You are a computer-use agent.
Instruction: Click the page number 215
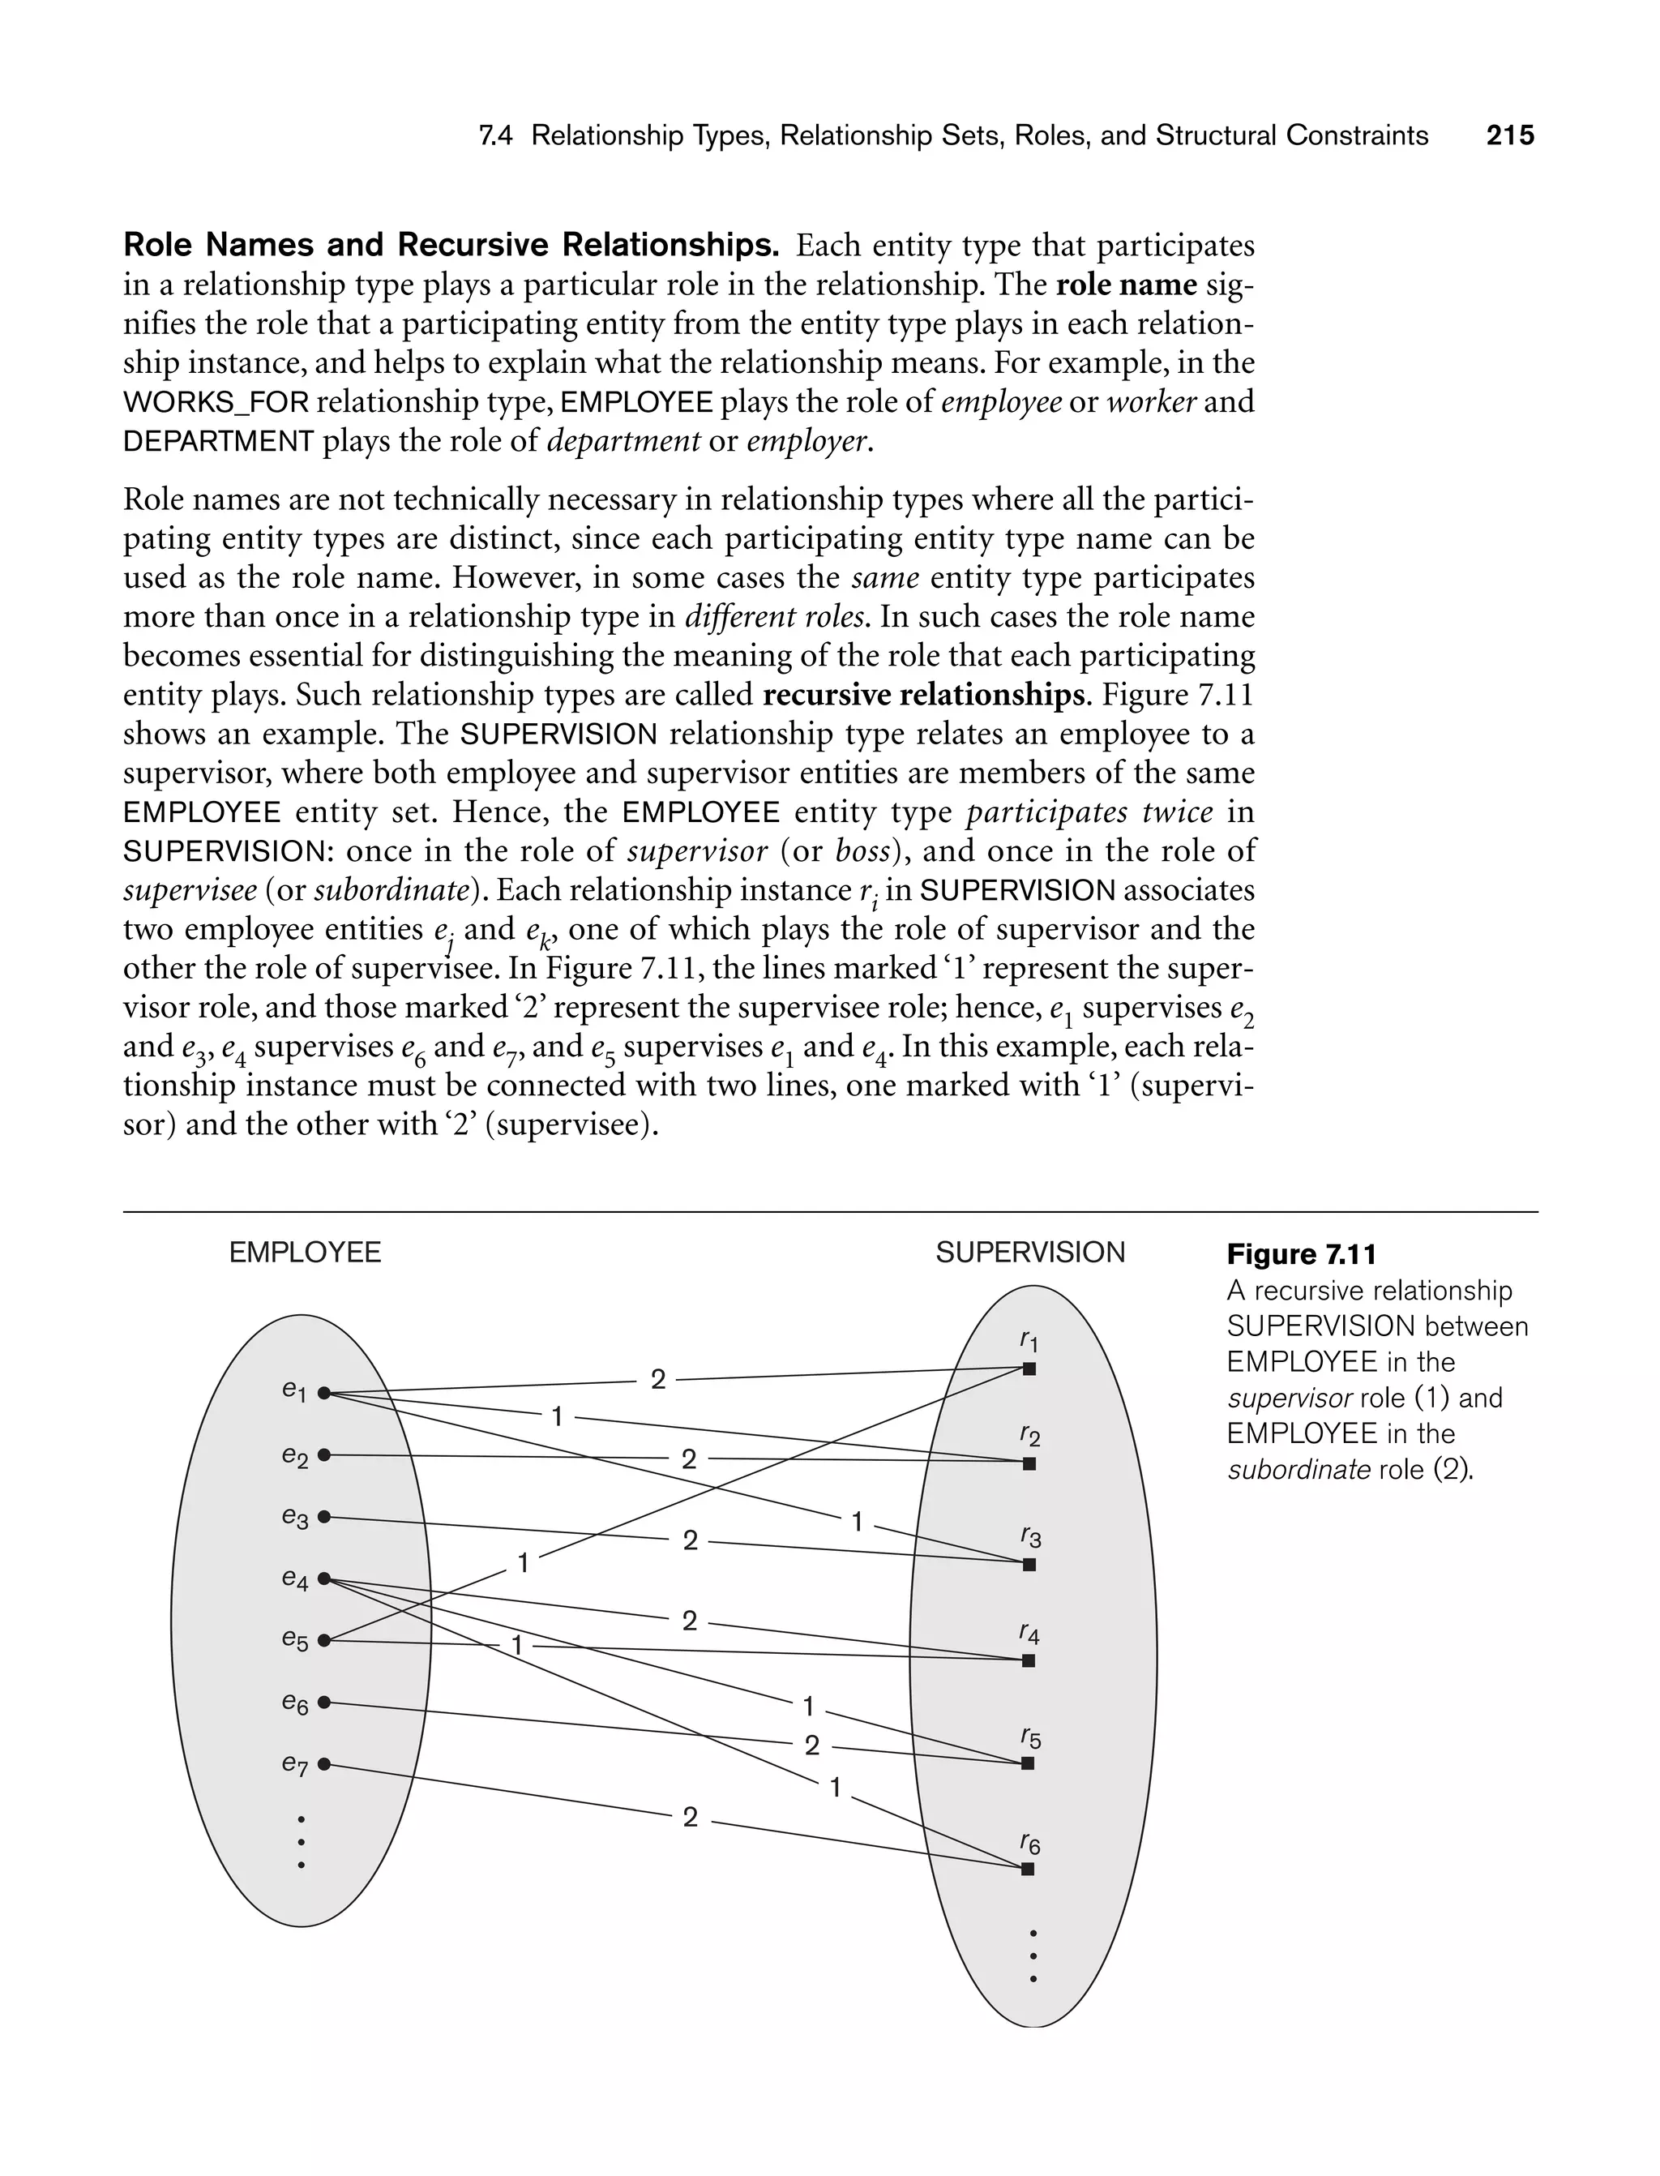pyautogui.click(x=1510, y=135)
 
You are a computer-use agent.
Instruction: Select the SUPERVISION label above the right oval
pyautogui.click(x=1029, y=1253)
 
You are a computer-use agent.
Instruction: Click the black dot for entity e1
pyautogui.click(x=324, y=1394)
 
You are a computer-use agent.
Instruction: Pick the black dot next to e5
pyautogui.click(x=324, y=1640)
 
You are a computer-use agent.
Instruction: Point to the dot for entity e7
pyautogui.click(x=324, y=1764)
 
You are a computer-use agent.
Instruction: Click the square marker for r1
pyautogui.click(x=1029, y=1369)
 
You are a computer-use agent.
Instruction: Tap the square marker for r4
pyautogui.click(x=1029, y=1661)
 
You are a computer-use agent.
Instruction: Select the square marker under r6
pyautogui.click(x=1028, y=1869)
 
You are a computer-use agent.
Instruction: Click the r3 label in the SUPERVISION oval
pyautogui.click(x=1029, y=1536)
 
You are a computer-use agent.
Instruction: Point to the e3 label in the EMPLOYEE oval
pyautogui.click(x=294, y=1517)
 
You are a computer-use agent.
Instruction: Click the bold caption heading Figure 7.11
pyautogui.click(x=1301, y=1255)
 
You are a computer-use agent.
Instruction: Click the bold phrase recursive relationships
pyautogui.click(x=924, y=695)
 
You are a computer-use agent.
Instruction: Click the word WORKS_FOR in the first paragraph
pyautogui.click(x=216, y=402)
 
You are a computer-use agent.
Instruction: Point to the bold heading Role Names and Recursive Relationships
pyautogui.click(x=451, y=245)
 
